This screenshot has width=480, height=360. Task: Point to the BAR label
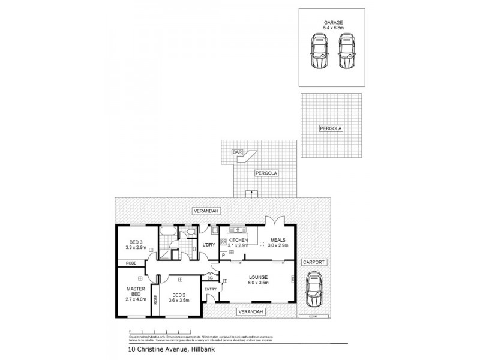(237, 153)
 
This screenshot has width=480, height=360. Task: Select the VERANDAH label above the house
(205, 211)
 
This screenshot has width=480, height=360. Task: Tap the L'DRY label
(209, 244)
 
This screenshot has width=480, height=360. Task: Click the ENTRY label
(211, 290)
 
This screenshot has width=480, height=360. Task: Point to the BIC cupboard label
(210, 278)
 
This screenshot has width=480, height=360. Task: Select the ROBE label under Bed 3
(130, 263)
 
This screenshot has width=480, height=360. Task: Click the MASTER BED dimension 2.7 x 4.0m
(136, 298)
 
